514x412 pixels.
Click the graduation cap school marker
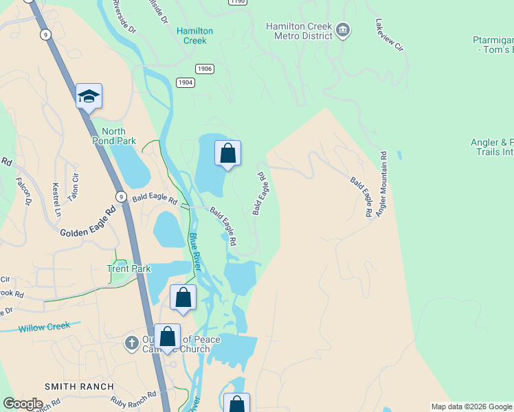(x=89, y=96)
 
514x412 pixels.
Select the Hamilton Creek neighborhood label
(x=195, y=36)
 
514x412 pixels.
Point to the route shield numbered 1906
(x=205, y=69)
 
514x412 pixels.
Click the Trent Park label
(x=128, y=268)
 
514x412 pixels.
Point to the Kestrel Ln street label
(x=56, y=198)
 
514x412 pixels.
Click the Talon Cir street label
(x=74, y=187)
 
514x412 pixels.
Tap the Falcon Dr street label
(x=24, y=192)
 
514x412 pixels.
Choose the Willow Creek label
(x=44, y=327)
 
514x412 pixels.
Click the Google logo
(x=23, y=404)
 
